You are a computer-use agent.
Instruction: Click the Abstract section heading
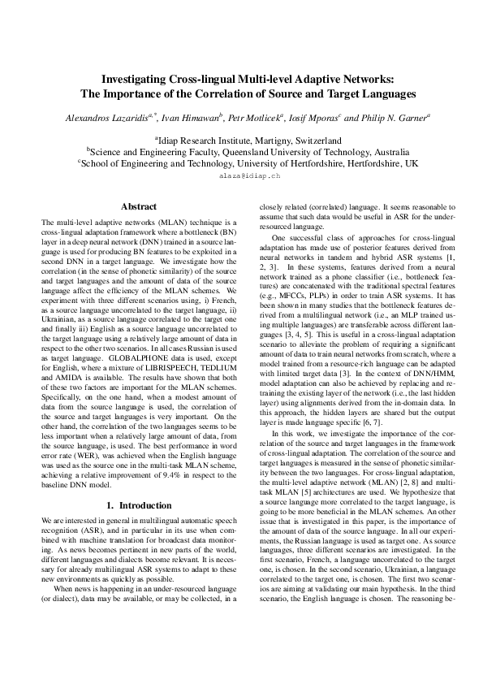(139, 207)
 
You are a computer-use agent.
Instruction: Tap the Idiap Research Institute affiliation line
(241, 140)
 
